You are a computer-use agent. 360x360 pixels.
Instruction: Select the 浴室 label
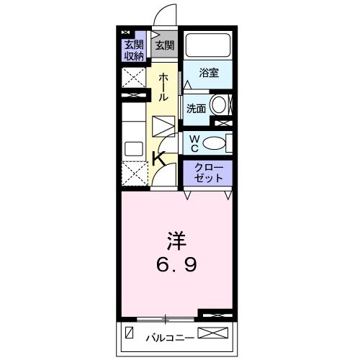pyautogui.click(x=208, y=73)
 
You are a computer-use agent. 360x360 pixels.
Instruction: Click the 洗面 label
pyautogui.click(x=196, y=109)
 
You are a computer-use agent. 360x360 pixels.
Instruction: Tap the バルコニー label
pyautogui.click(x=168, y=335)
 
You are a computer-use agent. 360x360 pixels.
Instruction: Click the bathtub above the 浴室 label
pyautogui.click(x=207, y=47)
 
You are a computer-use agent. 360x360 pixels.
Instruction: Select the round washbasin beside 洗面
pyautogui.click(x=220, y=104)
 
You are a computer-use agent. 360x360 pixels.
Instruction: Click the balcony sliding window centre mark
pyautogui.click(x=166, y=318)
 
